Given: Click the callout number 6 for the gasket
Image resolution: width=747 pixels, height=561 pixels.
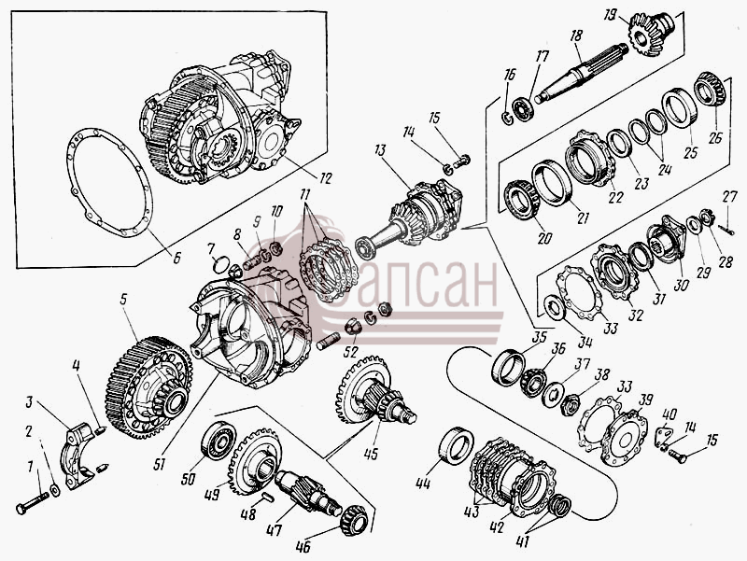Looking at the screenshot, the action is (176, 259).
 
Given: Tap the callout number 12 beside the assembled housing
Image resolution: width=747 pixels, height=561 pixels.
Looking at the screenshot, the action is (325, 178).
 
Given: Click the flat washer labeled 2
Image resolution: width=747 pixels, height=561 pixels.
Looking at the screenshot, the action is (55, 490).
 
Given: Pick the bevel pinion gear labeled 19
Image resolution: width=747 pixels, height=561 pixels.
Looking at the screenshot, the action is (650, 31).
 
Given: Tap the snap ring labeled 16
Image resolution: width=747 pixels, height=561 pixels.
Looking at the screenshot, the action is (507, 116).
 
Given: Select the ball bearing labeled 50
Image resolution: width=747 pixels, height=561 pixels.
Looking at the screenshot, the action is (218, 441).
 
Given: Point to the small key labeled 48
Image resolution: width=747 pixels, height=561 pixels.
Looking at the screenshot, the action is (268, 498).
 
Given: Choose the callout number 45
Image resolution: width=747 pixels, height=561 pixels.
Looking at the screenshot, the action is (371, 454).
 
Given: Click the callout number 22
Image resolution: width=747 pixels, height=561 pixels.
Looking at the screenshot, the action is (615, 197).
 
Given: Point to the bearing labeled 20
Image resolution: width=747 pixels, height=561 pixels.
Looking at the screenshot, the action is (522, 200).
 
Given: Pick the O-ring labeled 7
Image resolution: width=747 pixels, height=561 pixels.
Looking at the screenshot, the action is (221, 264).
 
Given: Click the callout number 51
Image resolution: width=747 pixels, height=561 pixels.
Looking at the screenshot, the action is (159, 463).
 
